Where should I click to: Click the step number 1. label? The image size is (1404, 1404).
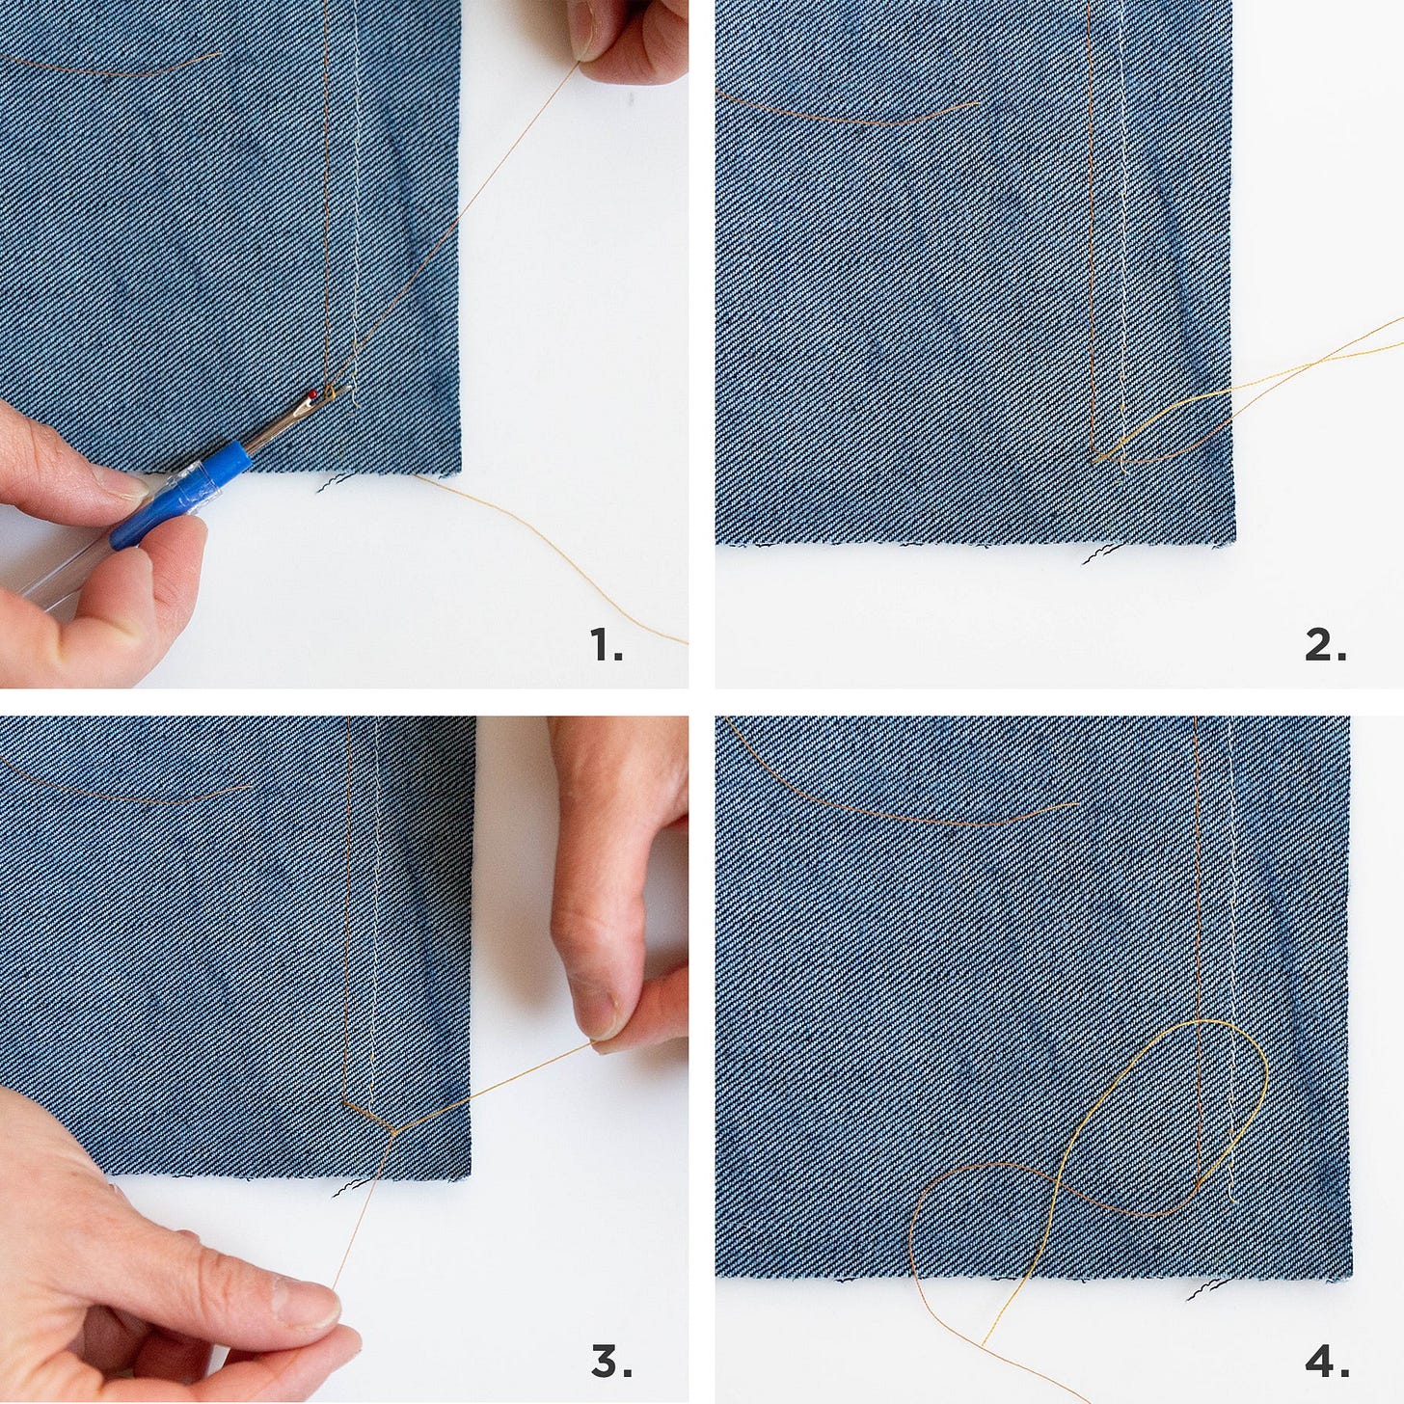pos(607,644)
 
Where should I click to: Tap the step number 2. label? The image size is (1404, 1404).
pos(1325,644)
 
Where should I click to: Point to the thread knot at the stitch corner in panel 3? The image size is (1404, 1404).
pos(394,1130)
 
